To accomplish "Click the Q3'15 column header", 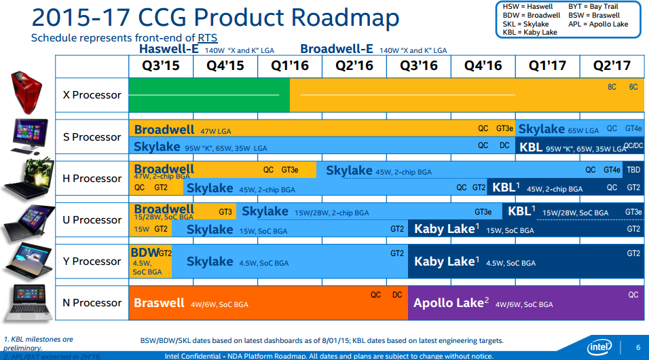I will pyautogui.click(x=161, y=66).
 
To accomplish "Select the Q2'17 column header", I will pyautogui.click(x=612, y=66).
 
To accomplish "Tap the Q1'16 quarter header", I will pyautogui.click(x=290, y=66).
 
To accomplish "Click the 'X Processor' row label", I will pyautogui.click(x=92, y=95).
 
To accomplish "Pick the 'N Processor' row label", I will pyautogui.click(x=92, y=303).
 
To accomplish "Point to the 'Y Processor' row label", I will pyautogui.click(x=92, y=262).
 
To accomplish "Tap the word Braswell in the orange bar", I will pyautogui.click(x=159, y=303).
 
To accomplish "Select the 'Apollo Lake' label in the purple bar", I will pyautogui.click(x=448, y=303).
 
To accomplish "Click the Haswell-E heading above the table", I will pyautogui.click(x=169, y=49).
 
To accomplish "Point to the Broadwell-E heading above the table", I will pyautogui.click(x=337, y=49).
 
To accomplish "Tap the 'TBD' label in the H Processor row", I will pyautogui.click(x=633, y=170).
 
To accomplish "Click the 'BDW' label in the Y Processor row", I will pyautogui.click(x=144, y=253).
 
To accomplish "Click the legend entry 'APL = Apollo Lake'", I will pyautogui.click(x=598, y=24).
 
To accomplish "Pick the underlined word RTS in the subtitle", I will pyautogui.click(x=207, y=38).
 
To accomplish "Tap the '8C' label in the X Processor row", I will pyautogui.click(x=612, y=87).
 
